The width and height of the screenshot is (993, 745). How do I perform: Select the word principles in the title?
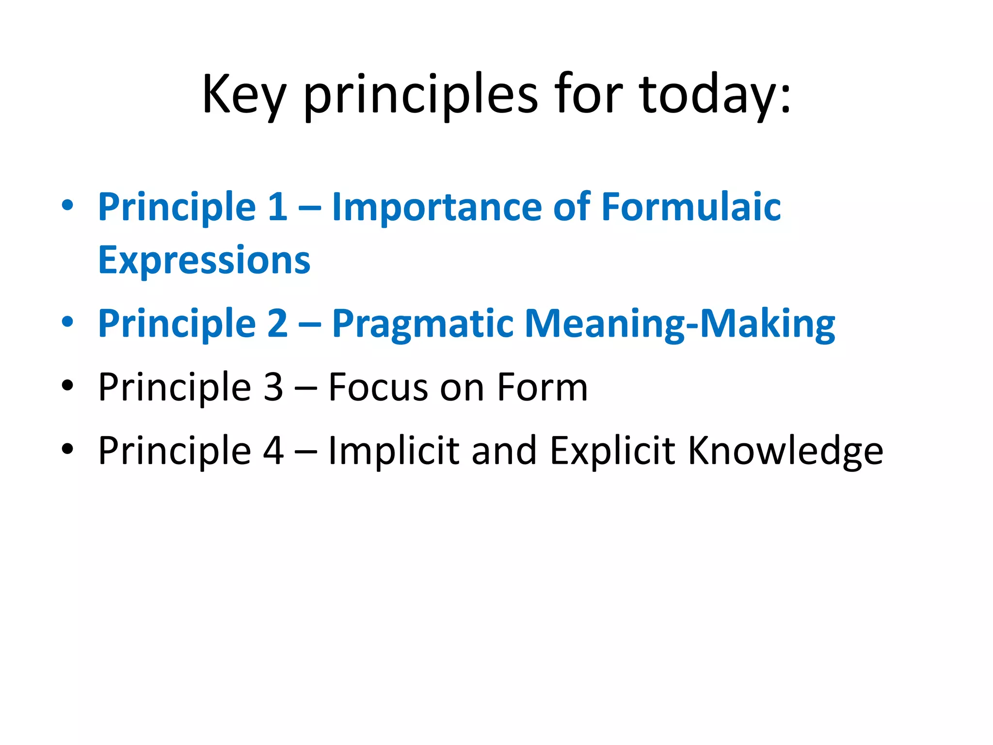(421, 95)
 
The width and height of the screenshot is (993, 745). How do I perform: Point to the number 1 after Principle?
(277, 207)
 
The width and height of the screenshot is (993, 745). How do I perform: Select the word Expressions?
(204, 260)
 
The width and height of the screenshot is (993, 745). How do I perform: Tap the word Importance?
(436, 207)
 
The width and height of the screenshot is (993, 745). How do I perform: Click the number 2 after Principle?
(277, 324)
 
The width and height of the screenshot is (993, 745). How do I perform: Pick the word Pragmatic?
(423, 324)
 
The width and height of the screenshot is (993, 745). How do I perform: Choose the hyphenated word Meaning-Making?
(680, 324)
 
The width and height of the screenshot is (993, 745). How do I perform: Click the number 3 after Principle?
(273, 387)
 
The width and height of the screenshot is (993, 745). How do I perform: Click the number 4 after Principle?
(273, 451)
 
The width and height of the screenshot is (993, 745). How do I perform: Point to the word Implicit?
(394, 451)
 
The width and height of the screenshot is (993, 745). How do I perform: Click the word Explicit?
(612, 451)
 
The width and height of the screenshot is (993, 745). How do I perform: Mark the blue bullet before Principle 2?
(67, 322)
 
